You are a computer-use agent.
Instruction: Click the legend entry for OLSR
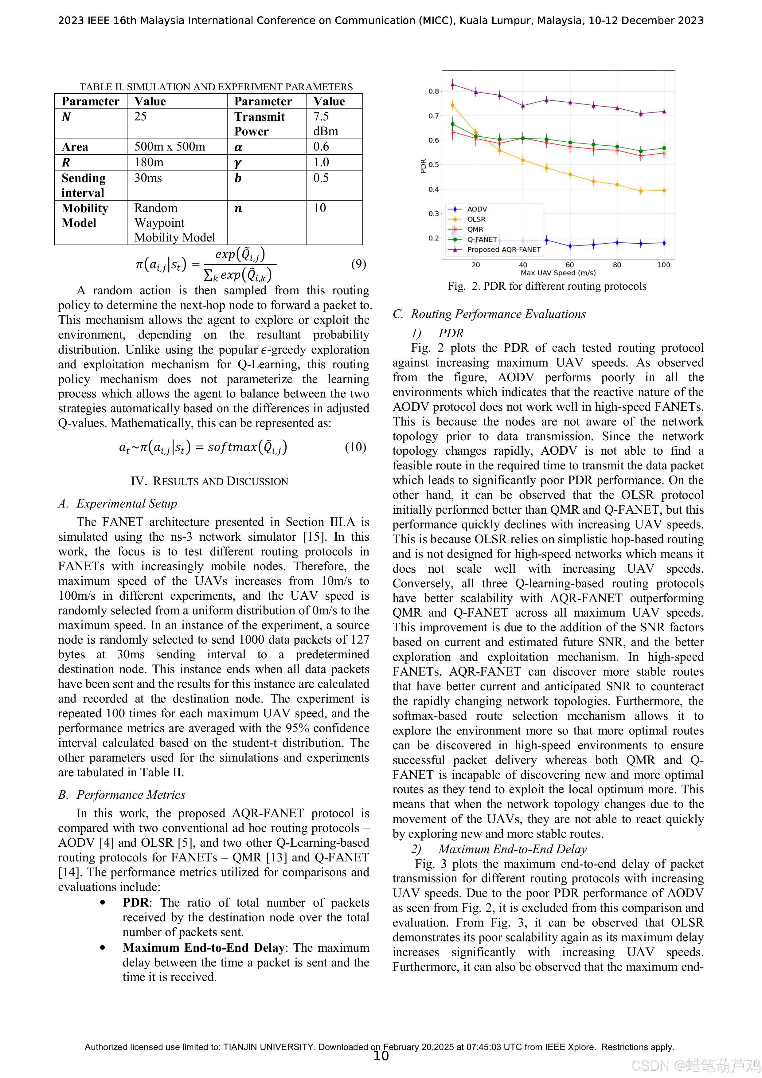pos(476,219)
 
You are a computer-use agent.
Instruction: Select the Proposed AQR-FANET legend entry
pos(503,249)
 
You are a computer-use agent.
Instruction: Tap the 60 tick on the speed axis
pos(569,265)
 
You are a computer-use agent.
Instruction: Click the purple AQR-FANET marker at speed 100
pos(663,111)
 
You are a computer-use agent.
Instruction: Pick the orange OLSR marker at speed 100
pos(663,190)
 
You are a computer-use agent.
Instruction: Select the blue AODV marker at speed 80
pos(617,243)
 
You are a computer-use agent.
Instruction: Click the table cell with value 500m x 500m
pos(170,147)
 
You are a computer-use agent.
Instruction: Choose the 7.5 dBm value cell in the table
pos(326,123)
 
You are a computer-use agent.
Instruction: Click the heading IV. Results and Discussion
pos(209,481)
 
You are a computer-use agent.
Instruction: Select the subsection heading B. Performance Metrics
pos(122,795)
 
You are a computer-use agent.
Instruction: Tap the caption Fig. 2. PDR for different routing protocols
pos(547,286)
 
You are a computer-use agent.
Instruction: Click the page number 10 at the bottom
pos(381,1056)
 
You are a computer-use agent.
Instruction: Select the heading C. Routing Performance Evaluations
pos(489,314)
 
